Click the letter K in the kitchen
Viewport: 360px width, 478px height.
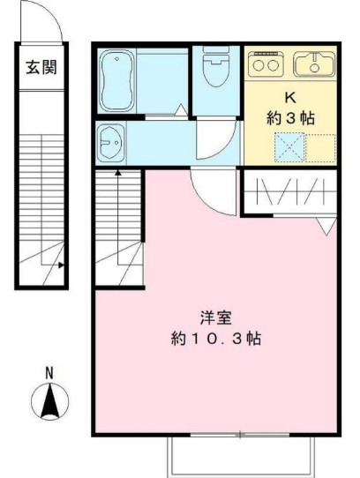click(290, 98)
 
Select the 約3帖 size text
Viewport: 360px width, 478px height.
click(290, 116)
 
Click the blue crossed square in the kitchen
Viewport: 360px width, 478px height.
click(289, 146)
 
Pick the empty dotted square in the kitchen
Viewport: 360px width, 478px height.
click(321, 146)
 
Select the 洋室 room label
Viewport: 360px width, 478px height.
click(209, 318)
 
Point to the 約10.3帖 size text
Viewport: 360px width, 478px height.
click(209, 339)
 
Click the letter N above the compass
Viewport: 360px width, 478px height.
click(49, 373)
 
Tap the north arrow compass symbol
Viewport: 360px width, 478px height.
click(49, 402)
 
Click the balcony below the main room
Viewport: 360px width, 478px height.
click(240, 455)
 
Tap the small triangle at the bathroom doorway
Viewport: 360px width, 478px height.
click(181, 110)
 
